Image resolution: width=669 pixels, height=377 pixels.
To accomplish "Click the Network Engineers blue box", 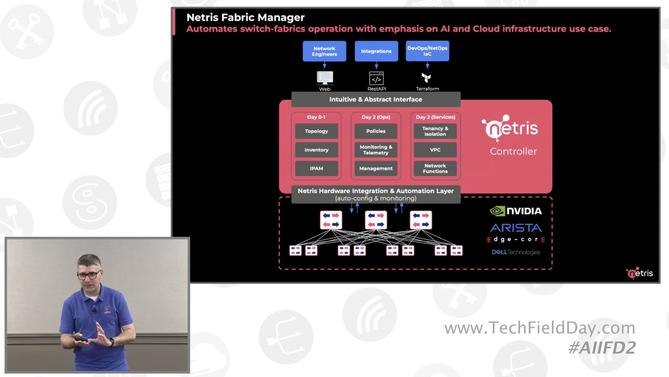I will pos(324,51).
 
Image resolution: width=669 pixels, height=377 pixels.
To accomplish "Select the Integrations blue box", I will pos(376,51).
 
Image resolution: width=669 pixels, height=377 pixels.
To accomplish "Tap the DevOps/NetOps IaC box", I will pos(427,51).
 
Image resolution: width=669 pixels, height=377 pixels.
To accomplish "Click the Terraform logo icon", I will pos(426,77).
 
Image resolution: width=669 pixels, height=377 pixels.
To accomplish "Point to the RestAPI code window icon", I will pos(376,79).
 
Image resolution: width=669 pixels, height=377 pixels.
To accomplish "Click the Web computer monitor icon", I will pos(325,78).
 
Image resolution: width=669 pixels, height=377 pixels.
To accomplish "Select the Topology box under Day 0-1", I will pos(316,131).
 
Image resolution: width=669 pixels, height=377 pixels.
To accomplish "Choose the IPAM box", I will pos(316,168).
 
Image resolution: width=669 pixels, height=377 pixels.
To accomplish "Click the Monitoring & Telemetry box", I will pos(376,150).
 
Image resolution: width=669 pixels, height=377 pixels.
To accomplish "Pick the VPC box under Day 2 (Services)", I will pos(435,150).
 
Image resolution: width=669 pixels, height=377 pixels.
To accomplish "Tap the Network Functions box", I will pos(435,168).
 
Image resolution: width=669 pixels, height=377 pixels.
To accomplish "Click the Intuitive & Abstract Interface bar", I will pos(376,99).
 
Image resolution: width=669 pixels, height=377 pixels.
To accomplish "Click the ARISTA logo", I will pos(516,228).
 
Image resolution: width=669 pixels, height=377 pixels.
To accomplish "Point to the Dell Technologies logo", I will pos(516,252).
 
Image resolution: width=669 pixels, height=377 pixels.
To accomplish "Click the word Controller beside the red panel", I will pos(513,151).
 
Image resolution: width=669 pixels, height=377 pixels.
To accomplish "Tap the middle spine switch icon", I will pos(376,220).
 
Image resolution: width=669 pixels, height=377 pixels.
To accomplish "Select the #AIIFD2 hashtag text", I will pos(602,348).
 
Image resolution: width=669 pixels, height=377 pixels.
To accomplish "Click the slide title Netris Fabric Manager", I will pos(245,17).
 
